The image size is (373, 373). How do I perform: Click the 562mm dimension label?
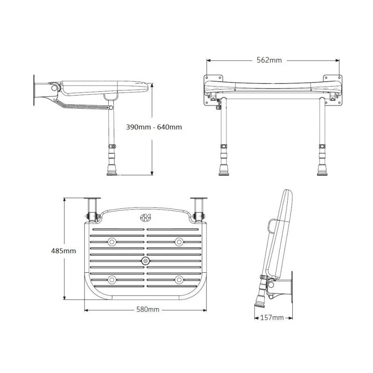click(x=269, y=60)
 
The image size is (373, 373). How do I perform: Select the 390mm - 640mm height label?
click(x=154, y=127)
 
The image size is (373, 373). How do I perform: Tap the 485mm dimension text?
click(x=63, y=251)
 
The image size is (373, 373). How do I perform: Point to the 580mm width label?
click(x=148, y=310)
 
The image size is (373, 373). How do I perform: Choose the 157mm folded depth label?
click(x=272, y=318)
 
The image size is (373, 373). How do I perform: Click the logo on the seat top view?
click(x=145, y=217)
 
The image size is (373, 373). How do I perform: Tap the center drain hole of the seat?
click(x=145, y=261)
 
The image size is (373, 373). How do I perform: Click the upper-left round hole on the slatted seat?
click(x=112, y=242)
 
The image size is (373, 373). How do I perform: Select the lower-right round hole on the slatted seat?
click(x=179, y=280)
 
